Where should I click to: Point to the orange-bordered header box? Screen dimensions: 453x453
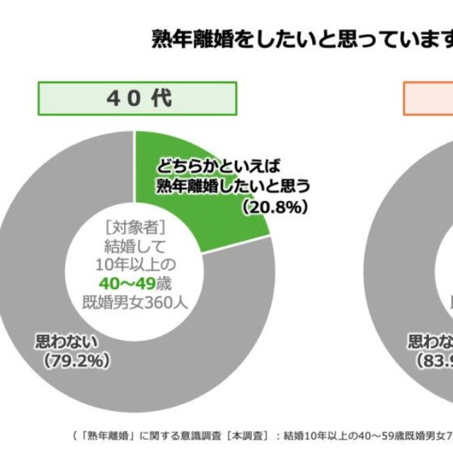click(428, 98)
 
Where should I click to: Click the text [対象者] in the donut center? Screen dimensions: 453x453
click(134, 229)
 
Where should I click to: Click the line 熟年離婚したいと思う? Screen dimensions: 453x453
click(233, 187)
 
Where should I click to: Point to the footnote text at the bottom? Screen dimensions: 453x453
click(262, 434)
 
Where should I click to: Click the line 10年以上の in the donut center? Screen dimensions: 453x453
click(134, 263)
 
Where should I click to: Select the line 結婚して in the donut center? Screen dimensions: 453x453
click(134, 246)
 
